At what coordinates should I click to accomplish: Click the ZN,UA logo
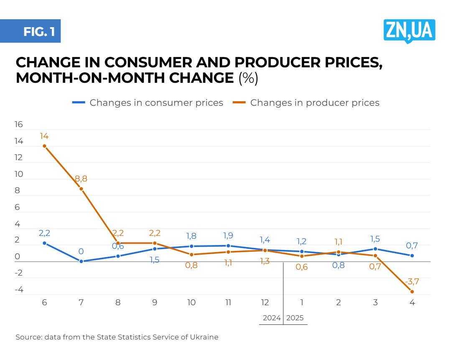pos(409,31)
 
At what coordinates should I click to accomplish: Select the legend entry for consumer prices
pos(148,102)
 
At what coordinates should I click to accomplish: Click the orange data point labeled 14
pos(44,146)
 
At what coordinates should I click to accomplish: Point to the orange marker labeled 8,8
pos(81,189)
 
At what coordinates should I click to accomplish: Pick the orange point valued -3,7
pos(412,291)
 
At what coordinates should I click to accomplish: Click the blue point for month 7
pos(81,261)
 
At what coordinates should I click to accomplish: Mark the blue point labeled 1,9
pos(228,246)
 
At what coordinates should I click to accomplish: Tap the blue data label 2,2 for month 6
pos(44,233)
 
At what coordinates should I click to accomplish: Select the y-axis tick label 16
pos(18,125)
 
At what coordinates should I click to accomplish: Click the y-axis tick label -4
pos(18,290)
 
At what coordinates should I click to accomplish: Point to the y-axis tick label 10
pos(18,174)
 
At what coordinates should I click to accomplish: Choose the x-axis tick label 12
pos(265,302)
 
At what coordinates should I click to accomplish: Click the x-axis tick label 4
pos(412,302)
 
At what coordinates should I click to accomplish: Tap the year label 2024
pos(272,318)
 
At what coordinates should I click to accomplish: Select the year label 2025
pos(295,318)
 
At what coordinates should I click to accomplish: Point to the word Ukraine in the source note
pos(205,337)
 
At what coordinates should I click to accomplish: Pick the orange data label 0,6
pos(302,267)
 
